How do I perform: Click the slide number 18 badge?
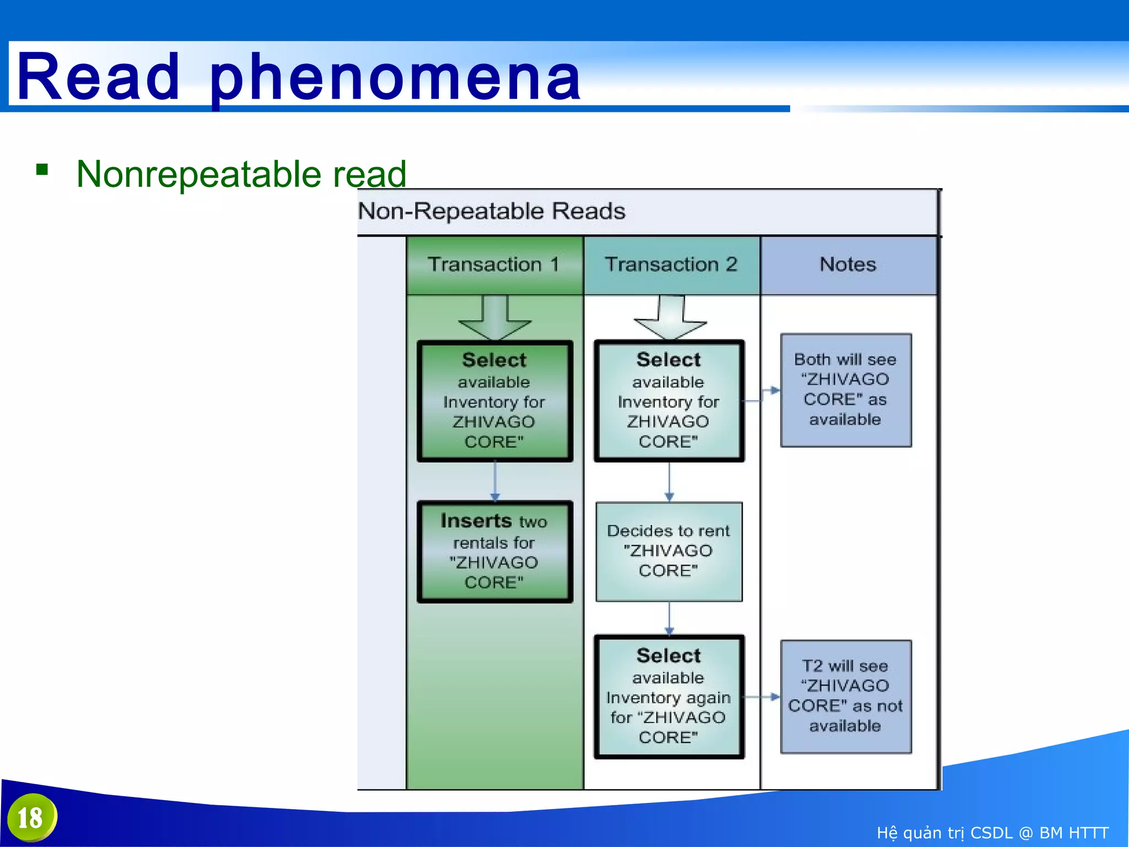(x=31, y=817)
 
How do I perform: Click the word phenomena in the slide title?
(x=395, y=77)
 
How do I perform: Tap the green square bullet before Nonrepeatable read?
(x=42, y=169)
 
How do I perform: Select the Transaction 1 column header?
(x=494, y=265)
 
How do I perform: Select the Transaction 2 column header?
(x=671, y=265)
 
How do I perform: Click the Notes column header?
(x=847, y=265)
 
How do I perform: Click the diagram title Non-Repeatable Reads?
(x=492, y=211)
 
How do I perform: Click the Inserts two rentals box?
(x=494, y=551)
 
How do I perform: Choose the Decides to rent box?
(x=669, y=551)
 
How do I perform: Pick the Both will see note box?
(x=845, y=390)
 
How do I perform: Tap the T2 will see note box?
(x=845, y=696)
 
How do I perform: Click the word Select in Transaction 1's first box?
(x=494, y=360)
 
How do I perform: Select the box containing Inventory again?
(x=669, y=696)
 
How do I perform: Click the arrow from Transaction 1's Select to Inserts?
(x=494, y=481)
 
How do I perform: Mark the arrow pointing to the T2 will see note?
(x=762, y=697)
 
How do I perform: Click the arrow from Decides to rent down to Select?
(x=669, y=618)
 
